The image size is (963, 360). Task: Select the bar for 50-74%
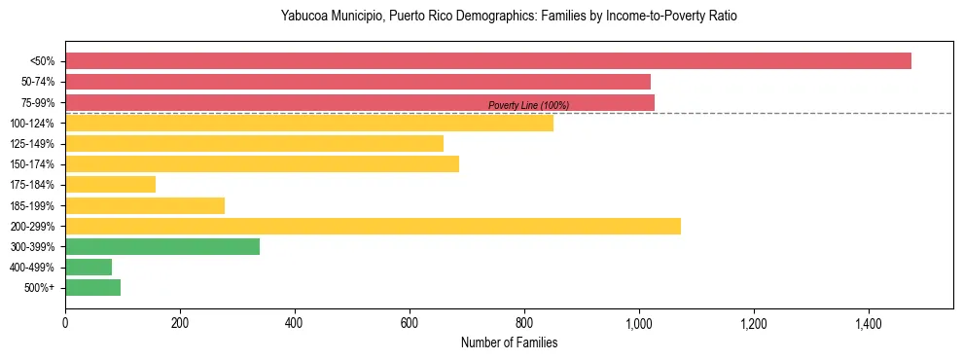point(358,82)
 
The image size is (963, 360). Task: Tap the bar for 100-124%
point(309,123)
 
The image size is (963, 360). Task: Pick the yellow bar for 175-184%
point(110,185)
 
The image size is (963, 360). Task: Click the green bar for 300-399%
point(162,247)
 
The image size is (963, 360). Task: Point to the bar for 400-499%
point(89,268)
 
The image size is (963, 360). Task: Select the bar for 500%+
point(92,288)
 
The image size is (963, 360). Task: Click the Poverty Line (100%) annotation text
point(528,105)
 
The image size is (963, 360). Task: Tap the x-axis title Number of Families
point(509,342)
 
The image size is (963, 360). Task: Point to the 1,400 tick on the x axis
point(868,322)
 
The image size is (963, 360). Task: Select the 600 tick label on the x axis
point(410,322)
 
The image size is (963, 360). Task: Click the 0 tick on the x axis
point(65,322)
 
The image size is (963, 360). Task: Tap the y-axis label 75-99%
point(38,102)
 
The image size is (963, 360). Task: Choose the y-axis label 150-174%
point(33,164)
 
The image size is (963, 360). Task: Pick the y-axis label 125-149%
point(33,144)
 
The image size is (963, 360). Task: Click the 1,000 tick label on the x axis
point(638,322)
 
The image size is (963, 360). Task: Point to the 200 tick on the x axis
point(180,322)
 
